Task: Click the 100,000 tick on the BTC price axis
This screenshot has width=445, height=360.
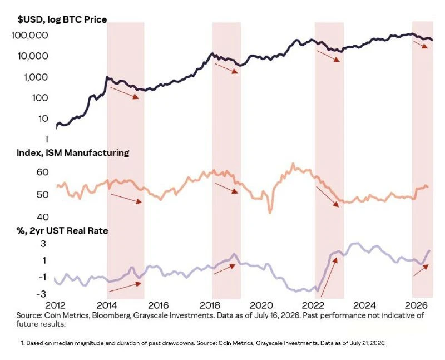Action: coord(30,35)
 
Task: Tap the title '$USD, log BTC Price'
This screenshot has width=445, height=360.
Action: coord(62,19)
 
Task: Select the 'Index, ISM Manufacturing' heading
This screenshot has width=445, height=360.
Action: coord(73,153)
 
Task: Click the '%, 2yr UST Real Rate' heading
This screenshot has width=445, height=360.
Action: coord(62,230)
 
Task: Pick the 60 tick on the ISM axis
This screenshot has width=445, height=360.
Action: coord(43,172)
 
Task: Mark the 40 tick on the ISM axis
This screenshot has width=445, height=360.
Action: coord(43,217)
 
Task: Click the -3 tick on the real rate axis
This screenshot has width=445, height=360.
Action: coord(41,294)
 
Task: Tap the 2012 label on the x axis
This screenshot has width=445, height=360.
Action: coord(55,305)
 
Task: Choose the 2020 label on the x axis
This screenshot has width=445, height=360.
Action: coord(261,305)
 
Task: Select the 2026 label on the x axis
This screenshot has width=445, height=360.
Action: coord(416,305)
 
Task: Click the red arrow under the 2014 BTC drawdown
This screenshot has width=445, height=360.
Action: coord(124,93)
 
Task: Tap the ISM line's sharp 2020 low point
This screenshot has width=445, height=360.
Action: coord(270,213)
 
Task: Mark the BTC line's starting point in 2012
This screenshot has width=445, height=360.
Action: coord(57,129)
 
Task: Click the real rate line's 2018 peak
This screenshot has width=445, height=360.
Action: coord(234,254)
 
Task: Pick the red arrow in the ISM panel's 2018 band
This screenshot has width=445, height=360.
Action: coord(226,188)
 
